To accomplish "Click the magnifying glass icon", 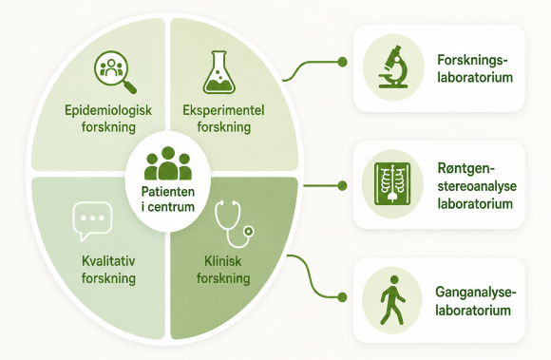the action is tap(115, 72).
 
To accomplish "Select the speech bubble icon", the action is tap(92, 221).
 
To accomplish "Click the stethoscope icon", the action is tap(234, 224).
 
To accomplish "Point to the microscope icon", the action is tap(393, 66).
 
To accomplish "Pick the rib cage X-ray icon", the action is tap(392, 183).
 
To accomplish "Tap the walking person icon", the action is tap(393, 300).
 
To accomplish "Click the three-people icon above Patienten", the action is tap(168, 163).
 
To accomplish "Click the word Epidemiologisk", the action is tap(108, 110).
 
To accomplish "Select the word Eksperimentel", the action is tap(223, 110).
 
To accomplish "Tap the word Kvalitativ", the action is tap(108, 261).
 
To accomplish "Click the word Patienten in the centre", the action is tap(168, 192).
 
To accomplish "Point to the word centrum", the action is tap(171, 206).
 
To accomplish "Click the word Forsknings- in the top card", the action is tap(473, 60).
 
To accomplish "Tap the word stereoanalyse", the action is tap(477, 186).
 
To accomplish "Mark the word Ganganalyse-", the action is tap(476, 293).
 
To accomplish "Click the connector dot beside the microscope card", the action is tap(342, 62).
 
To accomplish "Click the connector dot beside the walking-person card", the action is tap(342, 297).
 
